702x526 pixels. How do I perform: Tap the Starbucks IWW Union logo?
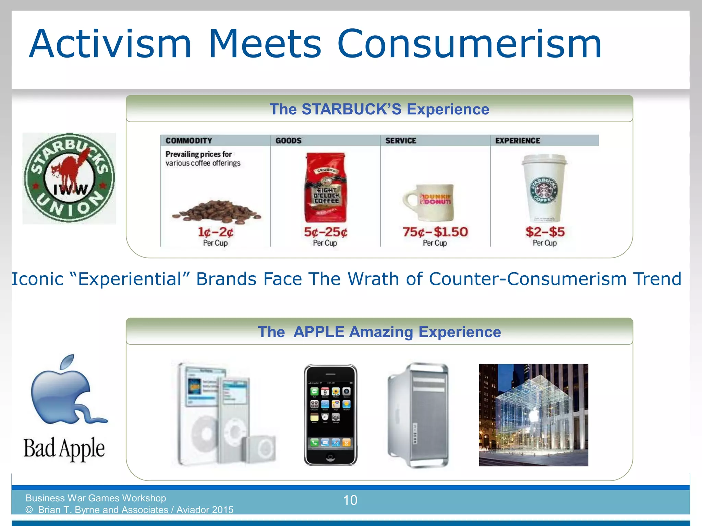tap(69, 178)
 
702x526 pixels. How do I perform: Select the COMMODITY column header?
tap(189, 140)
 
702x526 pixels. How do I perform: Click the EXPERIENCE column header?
tap(518, 140)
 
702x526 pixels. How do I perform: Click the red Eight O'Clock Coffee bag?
tap(326, 188)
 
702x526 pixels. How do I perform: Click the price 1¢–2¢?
tap(216, 232)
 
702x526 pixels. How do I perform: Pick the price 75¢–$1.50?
tap(435, 232)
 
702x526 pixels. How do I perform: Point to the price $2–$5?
tap(545, 232)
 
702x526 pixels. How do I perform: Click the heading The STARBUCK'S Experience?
tap(379, 109)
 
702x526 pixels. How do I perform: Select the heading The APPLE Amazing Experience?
tap(379, 332)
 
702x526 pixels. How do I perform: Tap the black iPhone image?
tap(330, 415)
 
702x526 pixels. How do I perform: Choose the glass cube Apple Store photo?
tap(533, 415)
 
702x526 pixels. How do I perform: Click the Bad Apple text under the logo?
tap(64, 448)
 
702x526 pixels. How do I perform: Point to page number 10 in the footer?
tap(350, 500)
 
